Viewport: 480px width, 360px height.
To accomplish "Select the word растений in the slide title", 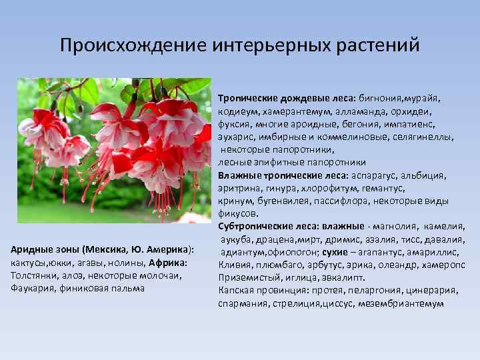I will tap(385, 46).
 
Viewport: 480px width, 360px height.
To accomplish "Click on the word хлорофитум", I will tap(327, 188).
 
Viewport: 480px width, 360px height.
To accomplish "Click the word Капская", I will tap(237, 290).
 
